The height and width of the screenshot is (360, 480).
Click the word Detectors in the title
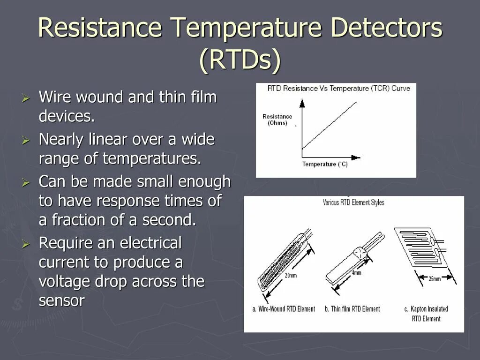pyautogui.click(x=386, y=28)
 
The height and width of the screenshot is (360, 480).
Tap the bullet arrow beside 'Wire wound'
pyautogui.click(x=26, y=98)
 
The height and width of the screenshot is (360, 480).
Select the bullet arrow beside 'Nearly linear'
pyautogui.click(x=26, y=140)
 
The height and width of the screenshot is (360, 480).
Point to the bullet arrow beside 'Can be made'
pyautogui.click(x=26, y=182)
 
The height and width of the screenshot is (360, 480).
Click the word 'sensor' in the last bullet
pyautogui.click(x=61, y=301)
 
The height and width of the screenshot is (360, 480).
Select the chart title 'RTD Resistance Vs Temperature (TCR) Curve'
pyautogui.click(x=338, y=88)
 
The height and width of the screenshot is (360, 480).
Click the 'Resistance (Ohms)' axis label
pyautogui.click(x=277, y=120)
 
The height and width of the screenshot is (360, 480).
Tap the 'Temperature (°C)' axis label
pyautogui.click(x=325, y=164)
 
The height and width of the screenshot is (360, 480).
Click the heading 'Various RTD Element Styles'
pyautogui.click(x=353, y=202)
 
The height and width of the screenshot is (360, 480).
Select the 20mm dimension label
pyautogui.click(x=291, y=276)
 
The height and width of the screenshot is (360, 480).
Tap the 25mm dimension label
pyautogui.click(x=434, y=279)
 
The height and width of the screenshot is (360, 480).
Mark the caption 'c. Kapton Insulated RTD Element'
pyautogui.click(x=426, y=314)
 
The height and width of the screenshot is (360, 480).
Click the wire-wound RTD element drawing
pyautogui.click(x=281, y=265)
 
